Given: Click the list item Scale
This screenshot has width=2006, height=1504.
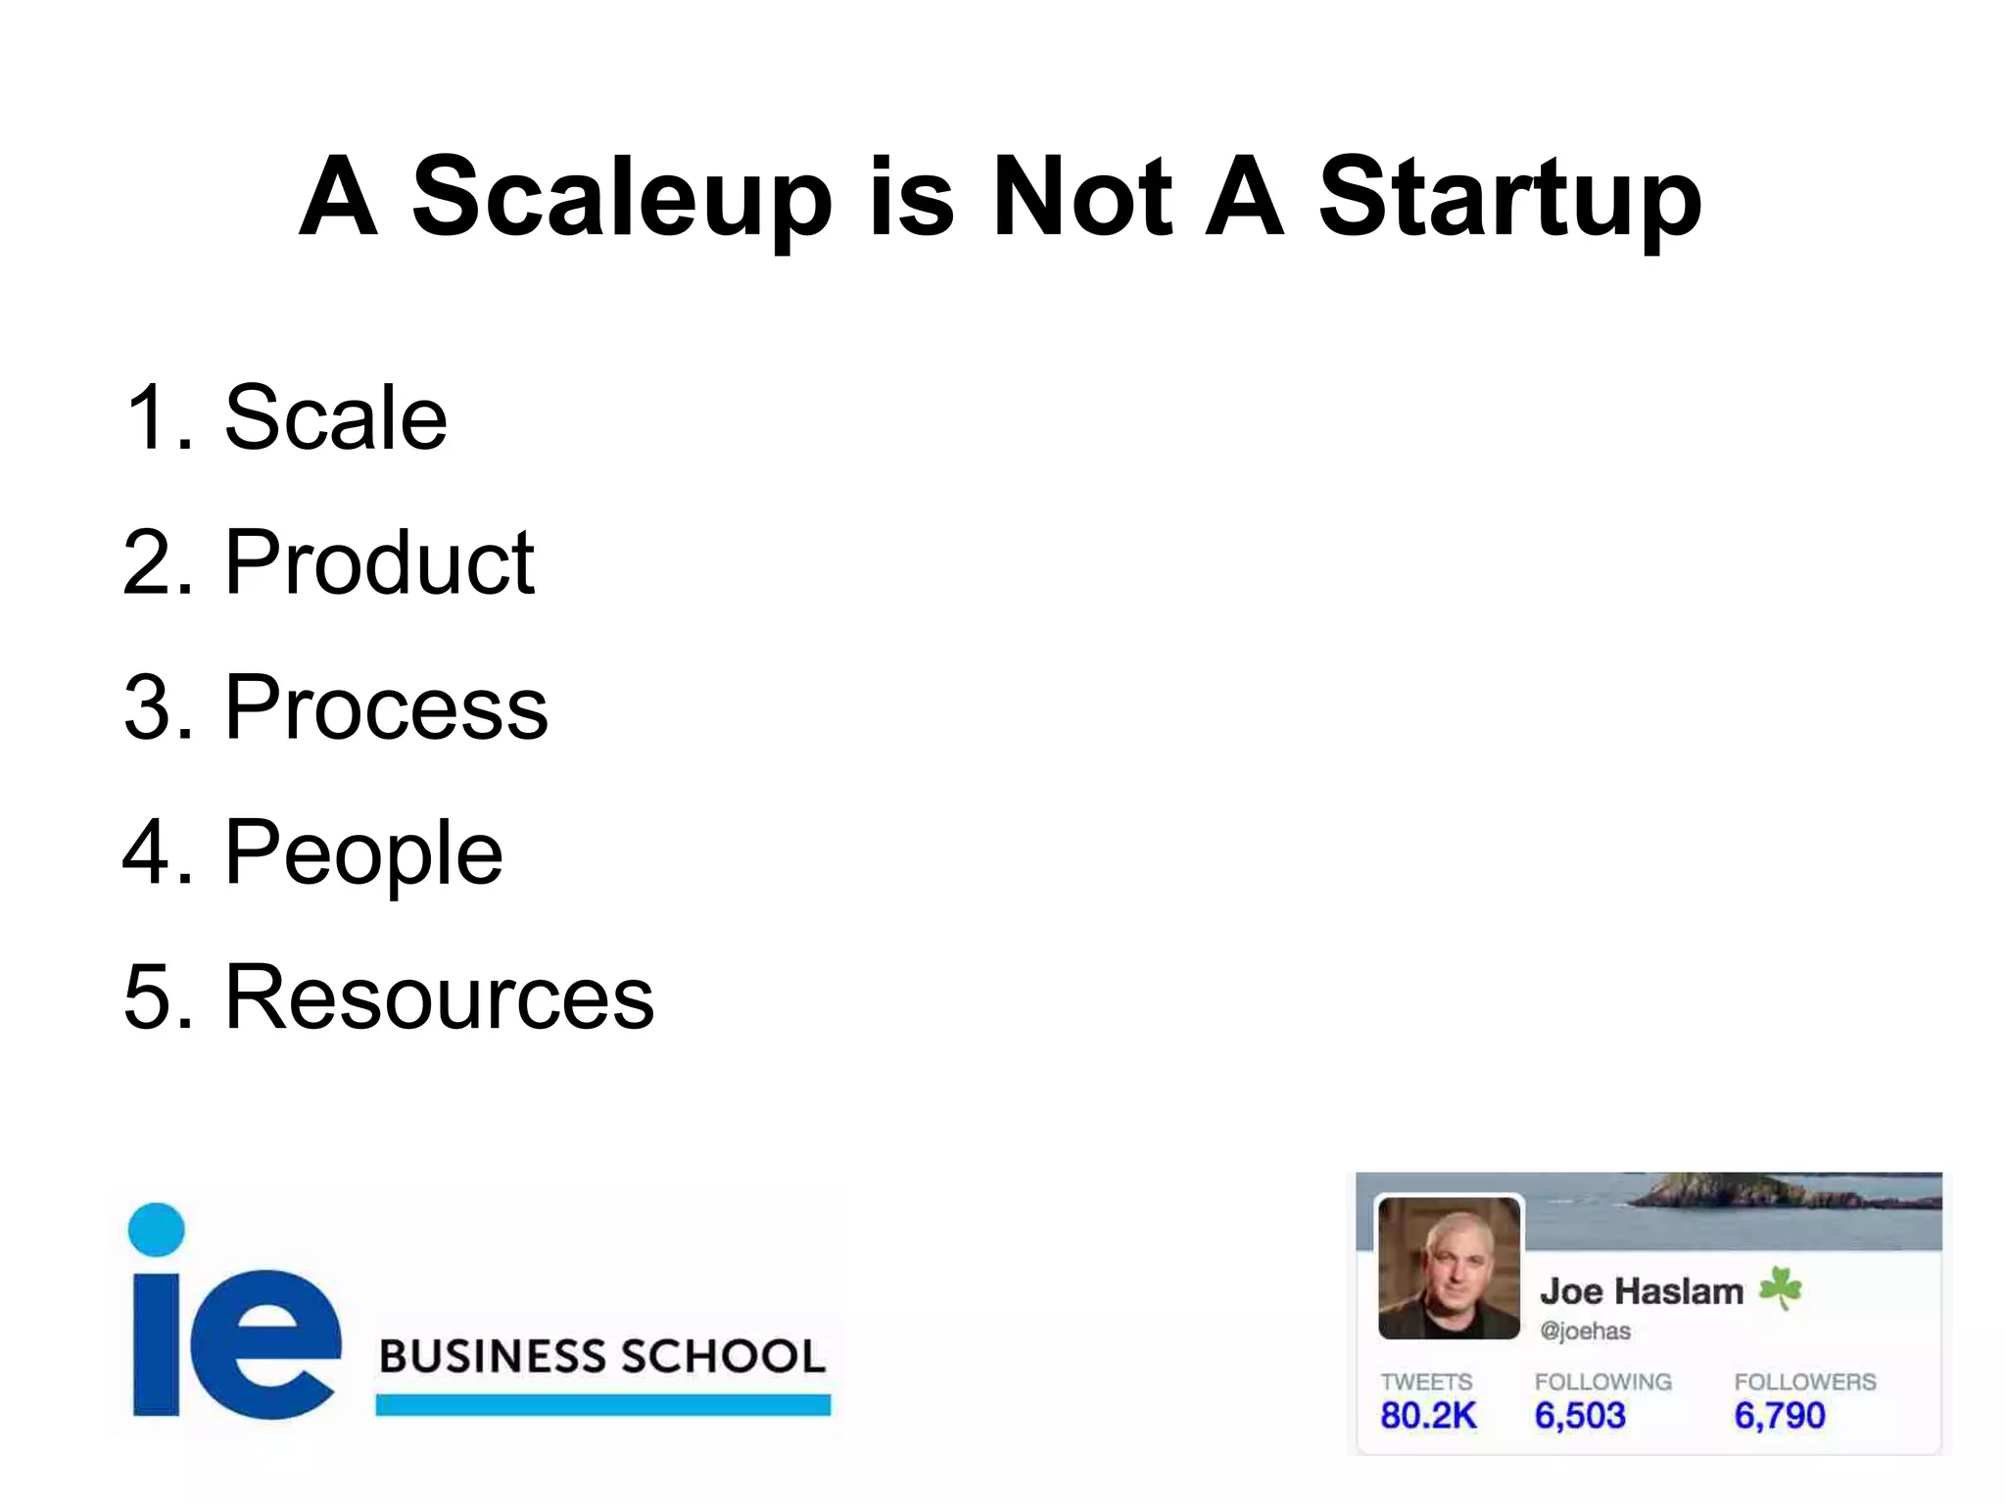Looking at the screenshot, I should tap(336, 418).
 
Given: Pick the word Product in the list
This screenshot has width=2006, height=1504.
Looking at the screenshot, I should tap(380, 562).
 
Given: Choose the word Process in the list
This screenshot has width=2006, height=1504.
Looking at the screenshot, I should tap(386, 707).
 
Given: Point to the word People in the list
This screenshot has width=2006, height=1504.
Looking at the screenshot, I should tap(363, 852).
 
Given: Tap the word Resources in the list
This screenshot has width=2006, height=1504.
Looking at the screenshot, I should tap(440, 997).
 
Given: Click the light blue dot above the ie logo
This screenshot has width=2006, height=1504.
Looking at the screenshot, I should tap(157, 1230).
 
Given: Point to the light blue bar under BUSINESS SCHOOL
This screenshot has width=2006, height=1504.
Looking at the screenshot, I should tap(602, 1404).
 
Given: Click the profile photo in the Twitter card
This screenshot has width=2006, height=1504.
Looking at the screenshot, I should tap(1449, 1268).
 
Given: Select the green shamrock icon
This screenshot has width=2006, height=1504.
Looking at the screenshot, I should tap(1780, 1287).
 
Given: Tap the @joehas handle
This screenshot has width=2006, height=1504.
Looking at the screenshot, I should tap(1585, 1332).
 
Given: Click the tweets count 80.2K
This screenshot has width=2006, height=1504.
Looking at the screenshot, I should tap(1427, 1416).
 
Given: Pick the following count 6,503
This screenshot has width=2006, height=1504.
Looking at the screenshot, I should tap(1579, 1416).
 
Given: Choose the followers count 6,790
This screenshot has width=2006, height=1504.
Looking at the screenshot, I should tap(1779, 1416).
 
